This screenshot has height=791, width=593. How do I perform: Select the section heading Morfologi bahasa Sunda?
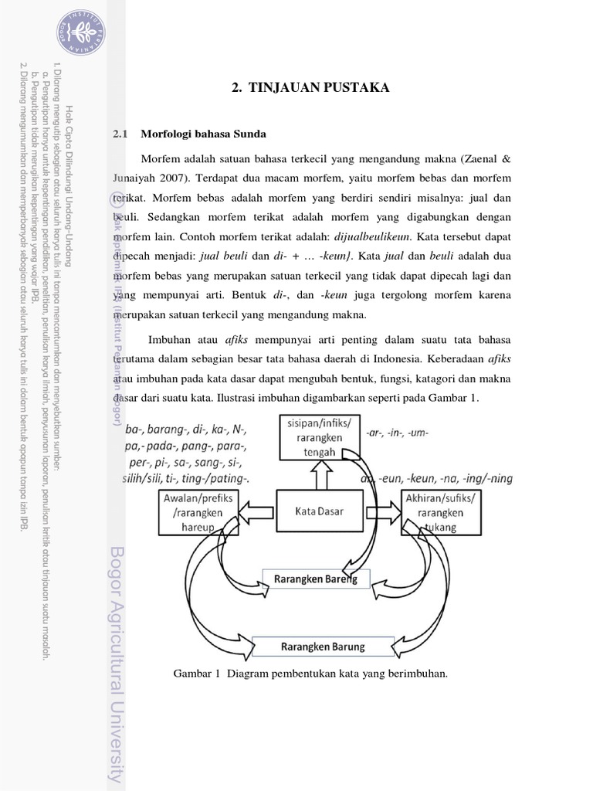203,134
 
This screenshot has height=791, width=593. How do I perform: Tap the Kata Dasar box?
318,511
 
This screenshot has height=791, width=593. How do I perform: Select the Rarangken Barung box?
322,646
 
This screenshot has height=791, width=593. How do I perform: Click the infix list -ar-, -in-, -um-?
397,433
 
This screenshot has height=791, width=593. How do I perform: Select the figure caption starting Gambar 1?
310,674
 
